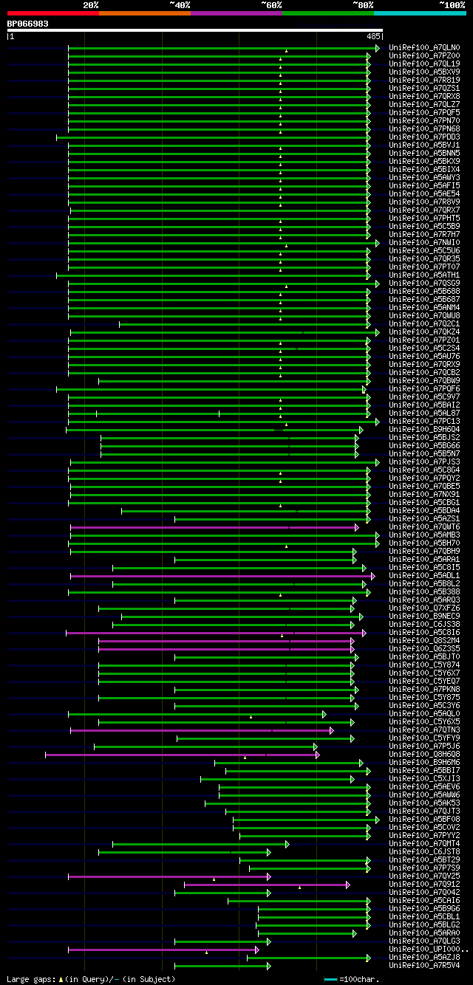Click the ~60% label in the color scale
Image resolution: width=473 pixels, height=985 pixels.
click(x=271, y=4)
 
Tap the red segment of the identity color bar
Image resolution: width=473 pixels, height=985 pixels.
click(x=52, y=13)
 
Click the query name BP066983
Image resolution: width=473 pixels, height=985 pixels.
click(x=28, y=24)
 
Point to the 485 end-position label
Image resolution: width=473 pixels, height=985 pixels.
click(x=372, y=35)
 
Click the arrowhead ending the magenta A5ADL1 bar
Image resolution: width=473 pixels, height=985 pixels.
click(x=373, y=576)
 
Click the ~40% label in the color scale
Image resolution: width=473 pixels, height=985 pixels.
click(x=180, y=4)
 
